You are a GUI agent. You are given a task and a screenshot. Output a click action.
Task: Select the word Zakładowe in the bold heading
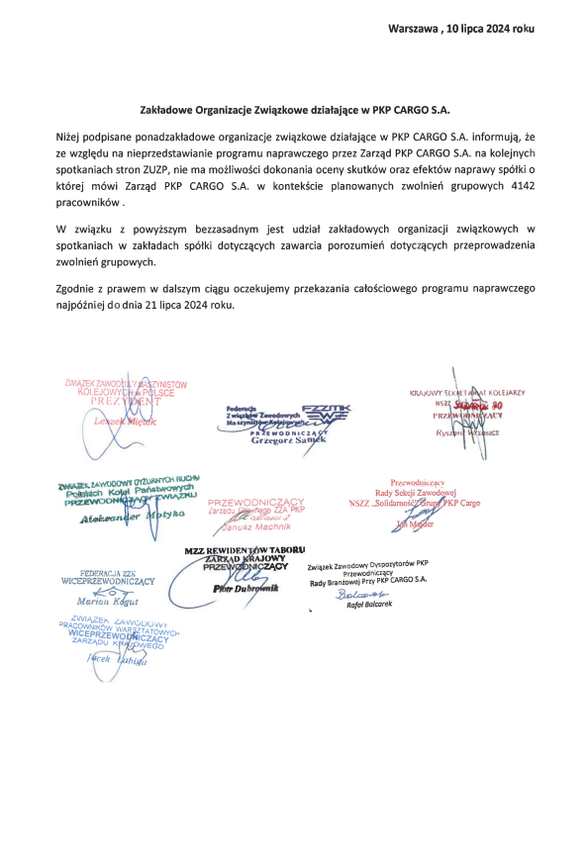169,113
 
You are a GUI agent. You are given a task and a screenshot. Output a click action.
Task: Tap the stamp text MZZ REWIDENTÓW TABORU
245,549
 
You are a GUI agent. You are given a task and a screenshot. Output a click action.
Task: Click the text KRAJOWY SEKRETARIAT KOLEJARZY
473,393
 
